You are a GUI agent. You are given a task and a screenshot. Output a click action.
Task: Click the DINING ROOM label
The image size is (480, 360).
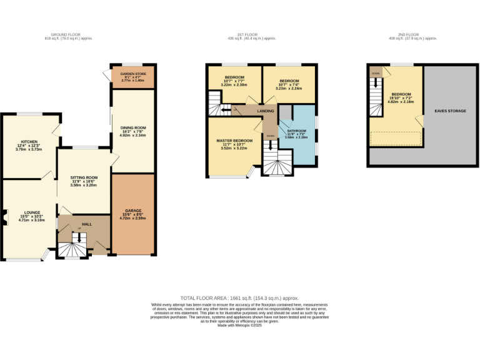(132, 127)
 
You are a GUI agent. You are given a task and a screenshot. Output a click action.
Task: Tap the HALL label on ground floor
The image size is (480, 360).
(87, 224)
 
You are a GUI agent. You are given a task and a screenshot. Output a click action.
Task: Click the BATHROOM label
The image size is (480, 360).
(297, 131)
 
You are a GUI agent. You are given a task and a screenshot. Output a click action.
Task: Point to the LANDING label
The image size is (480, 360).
(266, 111)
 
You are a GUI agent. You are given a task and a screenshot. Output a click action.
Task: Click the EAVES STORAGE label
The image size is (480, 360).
(450, 111)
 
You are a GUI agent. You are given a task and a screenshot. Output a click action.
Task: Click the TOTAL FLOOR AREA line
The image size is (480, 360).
(239, 299)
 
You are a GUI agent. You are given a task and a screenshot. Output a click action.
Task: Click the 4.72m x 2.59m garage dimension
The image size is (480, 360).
(132, 219)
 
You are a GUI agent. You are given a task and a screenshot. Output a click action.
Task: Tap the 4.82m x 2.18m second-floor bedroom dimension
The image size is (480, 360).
(401, 102)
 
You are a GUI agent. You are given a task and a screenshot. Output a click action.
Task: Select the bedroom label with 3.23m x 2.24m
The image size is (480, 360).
(289, 81)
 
